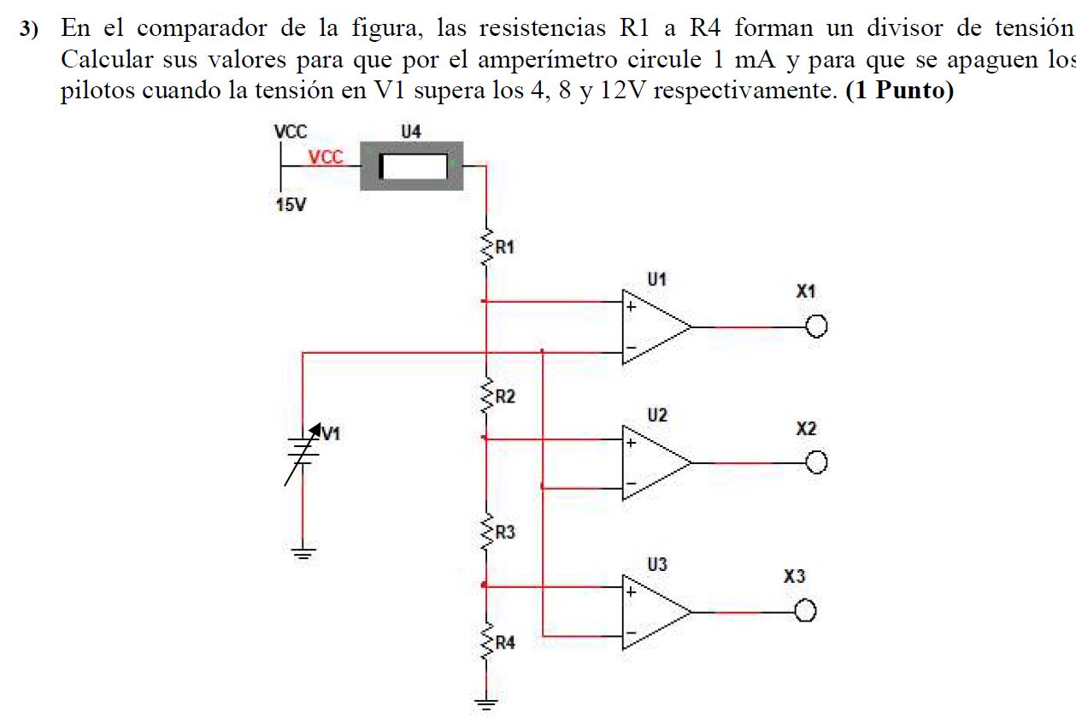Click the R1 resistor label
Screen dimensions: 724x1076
505,248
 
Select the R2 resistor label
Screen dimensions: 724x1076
505,397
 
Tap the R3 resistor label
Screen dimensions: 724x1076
505,533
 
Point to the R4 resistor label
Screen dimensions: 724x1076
505,643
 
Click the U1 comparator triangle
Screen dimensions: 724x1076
654,327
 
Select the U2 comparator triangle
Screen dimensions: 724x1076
654,462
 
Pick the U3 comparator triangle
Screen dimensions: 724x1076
654,612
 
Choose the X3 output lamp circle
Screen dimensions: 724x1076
807,612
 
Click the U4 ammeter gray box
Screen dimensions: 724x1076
413,167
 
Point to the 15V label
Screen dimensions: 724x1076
291,207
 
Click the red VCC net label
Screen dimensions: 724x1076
326,157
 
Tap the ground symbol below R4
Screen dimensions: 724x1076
485,704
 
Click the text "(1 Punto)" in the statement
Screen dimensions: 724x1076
898,91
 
